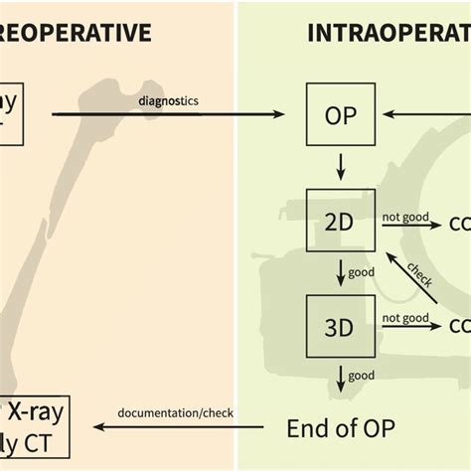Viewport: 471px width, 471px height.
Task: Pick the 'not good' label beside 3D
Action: (404, 318)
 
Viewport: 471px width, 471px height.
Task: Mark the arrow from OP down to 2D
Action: (341, 167)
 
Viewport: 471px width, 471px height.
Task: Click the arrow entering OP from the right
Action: (407, 115)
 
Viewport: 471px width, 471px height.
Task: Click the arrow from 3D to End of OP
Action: (341, 376)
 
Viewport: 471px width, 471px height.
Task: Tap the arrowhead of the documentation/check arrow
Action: (98, 427)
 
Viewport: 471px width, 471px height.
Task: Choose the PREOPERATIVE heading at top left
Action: (76, 33)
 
